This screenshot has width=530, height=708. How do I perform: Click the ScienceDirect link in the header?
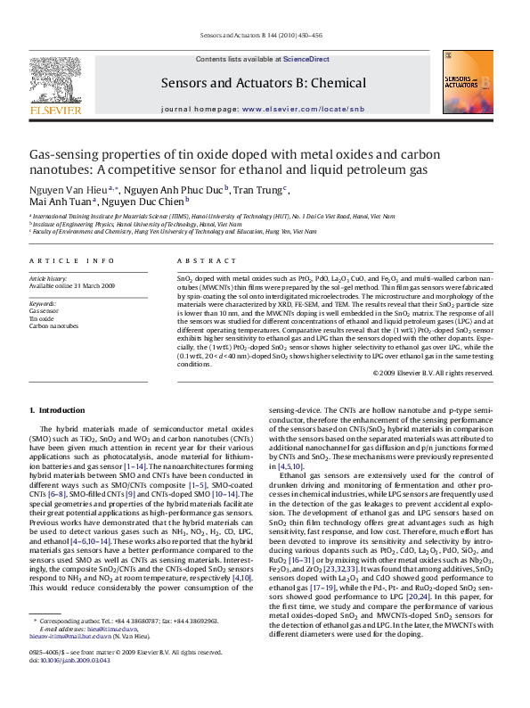point(306,59)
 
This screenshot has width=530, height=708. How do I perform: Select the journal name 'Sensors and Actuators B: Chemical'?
point(263,84)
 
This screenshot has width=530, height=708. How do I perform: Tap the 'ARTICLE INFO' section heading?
point(66,260)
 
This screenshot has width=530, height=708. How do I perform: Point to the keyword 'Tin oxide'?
point(42,318)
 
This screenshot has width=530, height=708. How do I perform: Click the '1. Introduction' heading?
point(57,410)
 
